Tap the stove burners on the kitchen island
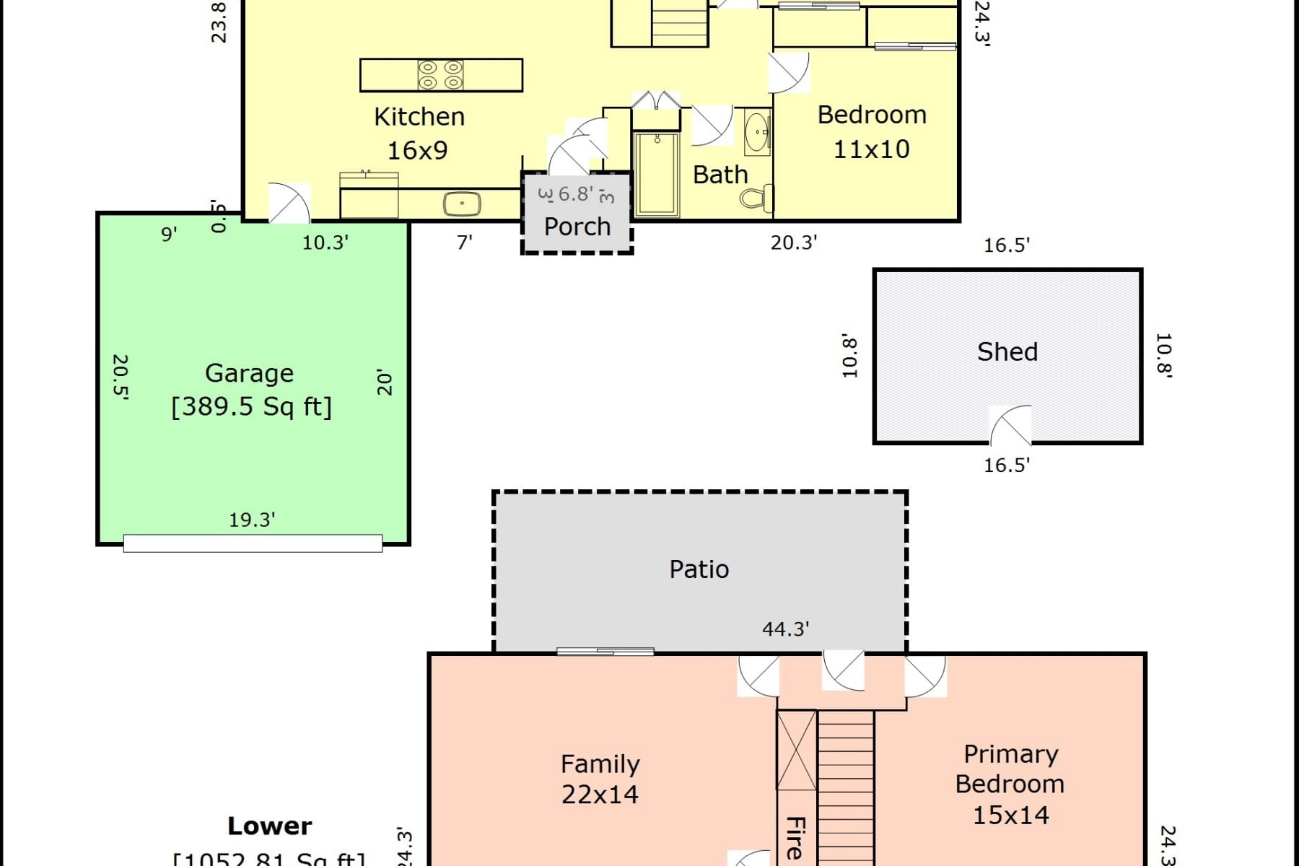(x=440, y=75)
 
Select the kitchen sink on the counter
(x=462, y=204)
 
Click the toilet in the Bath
(x=758, y=197)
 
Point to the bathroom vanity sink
(x=757, y=132)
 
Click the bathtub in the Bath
(x=656, y=174)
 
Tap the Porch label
(x=577, y=227)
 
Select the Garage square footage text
(x=251, y=406)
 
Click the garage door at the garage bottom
(x=253, y=543)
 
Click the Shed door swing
(x=1010, y=426)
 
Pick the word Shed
(x=1007, y=351)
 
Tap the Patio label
(x=699, y=569)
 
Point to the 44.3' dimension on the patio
(x=785, y=629)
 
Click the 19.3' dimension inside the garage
(x=252, y=520)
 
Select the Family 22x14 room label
(x=600, y=779)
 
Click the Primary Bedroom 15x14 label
(x=1010, y=784)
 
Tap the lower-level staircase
(x=846, y=787)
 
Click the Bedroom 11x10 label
(x=872, y=132)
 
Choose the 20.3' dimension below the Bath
(x=793, y=242)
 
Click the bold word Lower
(x=270, y=826)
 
